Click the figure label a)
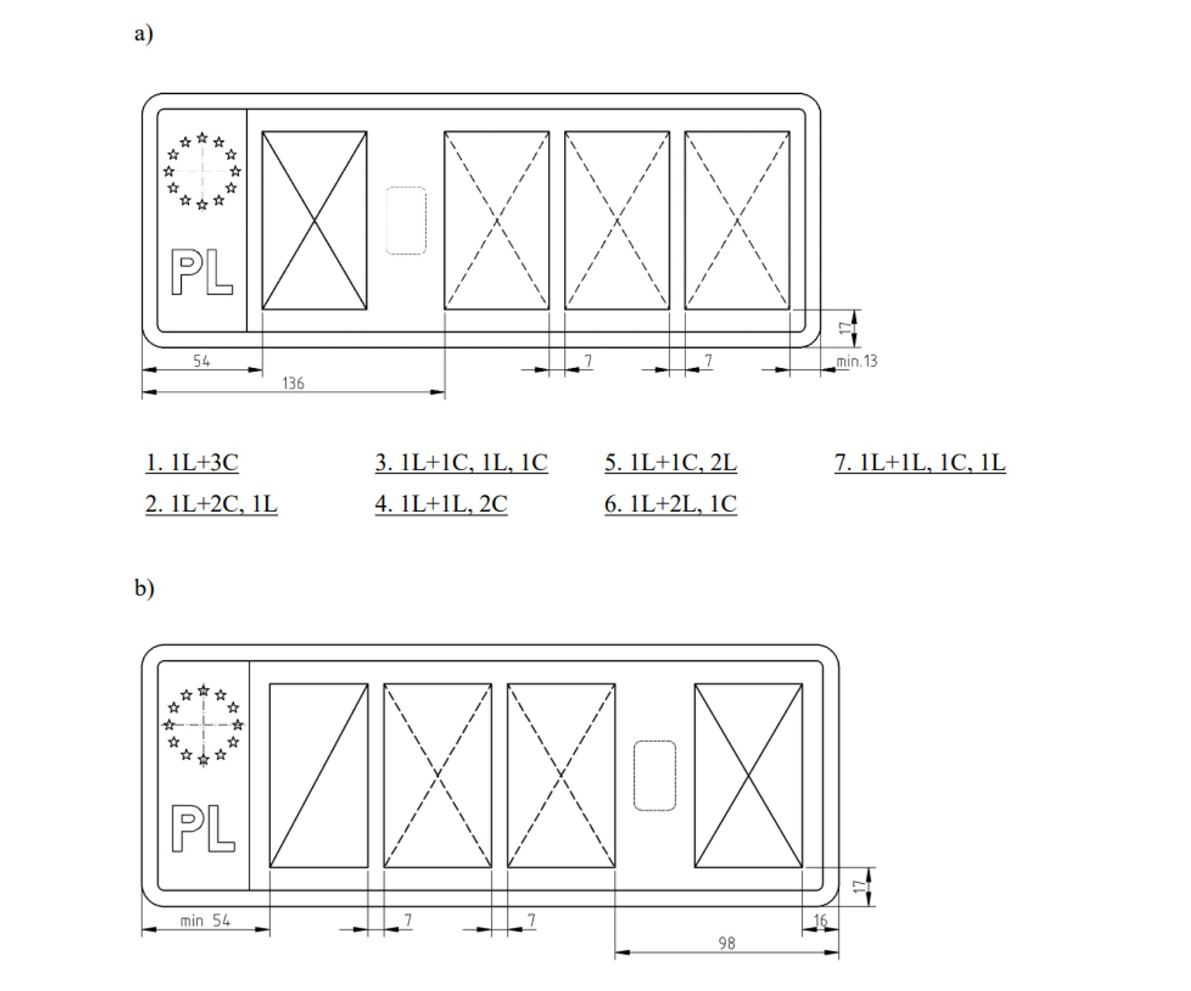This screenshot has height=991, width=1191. (x=143, y=33)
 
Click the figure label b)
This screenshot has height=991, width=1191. (x=144, y=587)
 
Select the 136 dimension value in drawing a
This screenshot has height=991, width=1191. (x=293, y=383)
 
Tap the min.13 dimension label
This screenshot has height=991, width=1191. (x=857, y=361)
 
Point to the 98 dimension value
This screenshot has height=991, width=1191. (x=727, y=943)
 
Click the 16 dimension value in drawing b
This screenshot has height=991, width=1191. (x=820, y=921)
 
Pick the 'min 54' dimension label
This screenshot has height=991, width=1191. (x=205, y=921)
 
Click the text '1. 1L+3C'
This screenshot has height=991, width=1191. (x=192, y=463)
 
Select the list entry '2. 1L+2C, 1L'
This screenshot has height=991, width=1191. (x=212, y=504)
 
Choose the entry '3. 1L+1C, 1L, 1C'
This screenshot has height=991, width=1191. (x=461, y=463)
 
